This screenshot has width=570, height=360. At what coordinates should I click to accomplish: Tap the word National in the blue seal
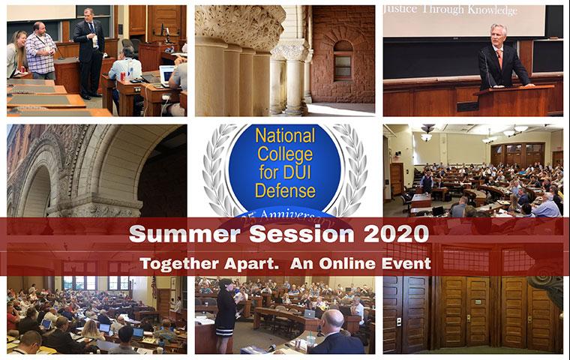pos(285,137)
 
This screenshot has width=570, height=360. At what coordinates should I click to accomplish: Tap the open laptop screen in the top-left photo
pos(166,74)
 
